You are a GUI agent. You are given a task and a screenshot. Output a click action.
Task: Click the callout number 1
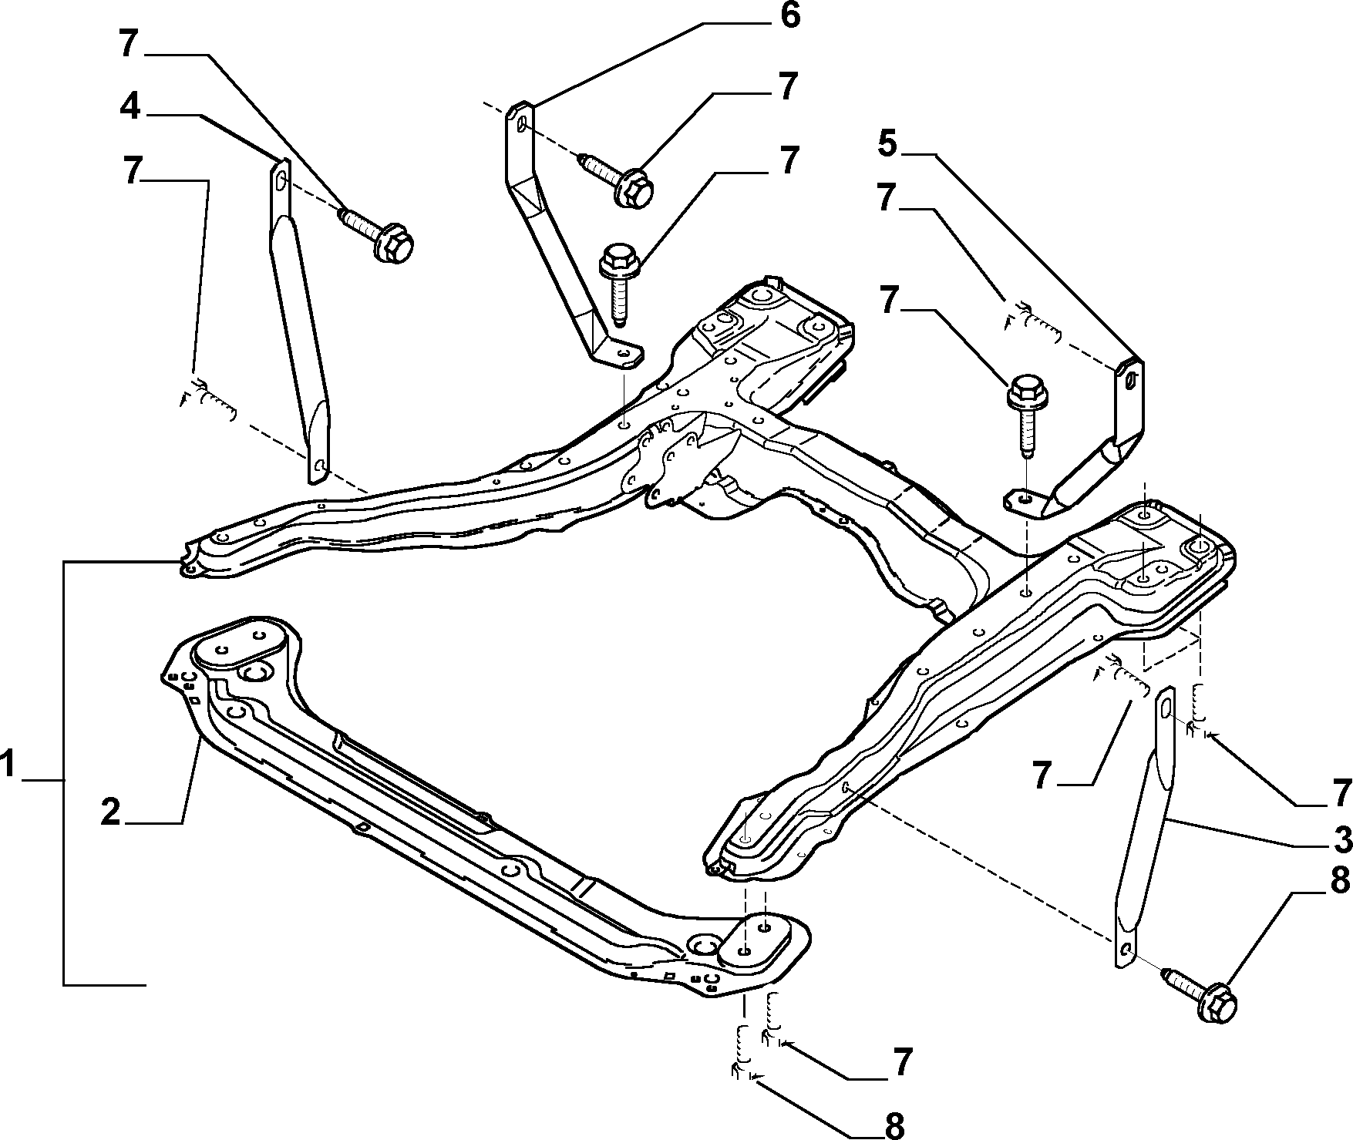[8, 768]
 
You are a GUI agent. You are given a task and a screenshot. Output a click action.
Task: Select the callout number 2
[111, 812]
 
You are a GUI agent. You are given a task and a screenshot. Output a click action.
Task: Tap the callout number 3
[1342, 839]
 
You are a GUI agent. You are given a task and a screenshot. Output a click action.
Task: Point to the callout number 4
[130, 106]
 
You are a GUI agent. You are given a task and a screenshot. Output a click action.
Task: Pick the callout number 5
[887, 143]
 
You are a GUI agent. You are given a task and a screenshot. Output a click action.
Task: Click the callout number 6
[789, 16]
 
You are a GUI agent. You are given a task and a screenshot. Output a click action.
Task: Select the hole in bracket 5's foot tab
[1022, 499]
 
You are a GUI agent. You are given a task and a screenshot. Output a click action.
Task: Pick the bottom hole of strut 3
[1126, 947]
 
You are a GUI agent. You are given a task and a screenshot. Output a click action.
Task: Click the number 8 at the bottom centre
[894, 1125]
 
